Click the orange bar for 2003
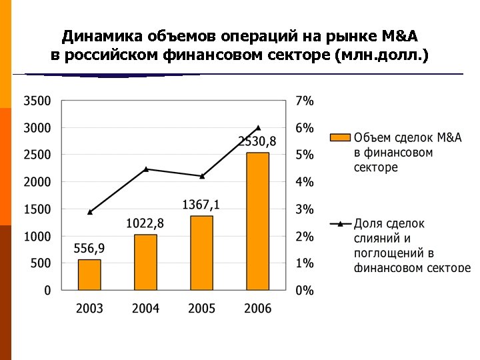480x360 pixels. [89, 275]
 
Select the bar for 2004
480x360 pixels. [145, 262]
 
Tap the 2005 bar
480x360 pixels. [201, 253]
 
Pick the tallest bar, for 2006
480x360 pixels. [257, 221]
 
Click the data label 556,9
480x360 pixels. [89, 249]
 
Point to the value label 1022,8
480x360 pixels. [145, 223]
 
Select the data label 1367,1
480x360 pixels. [201, 205]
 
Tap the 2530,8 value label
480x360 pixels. [257, 141]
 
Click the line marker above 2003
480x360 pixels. [89, 212]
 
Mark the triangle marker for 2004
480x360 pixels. [145, 169]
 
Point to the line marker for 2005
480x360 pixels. [201, 176]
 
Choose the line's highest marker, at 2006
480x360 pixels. [257, 127]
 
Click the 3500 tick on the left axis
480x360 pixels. [37, 101]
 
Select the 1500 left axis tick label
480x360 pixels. [37, 209]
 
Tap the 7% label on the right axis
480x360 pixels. [305, 101]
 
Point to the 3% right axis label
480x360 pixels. [305, 209]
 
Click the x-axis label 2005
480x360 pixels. [201, 309]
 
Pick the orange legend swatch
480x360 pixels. [340, 138]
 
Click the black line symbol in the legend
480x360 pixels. [340, 224]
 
